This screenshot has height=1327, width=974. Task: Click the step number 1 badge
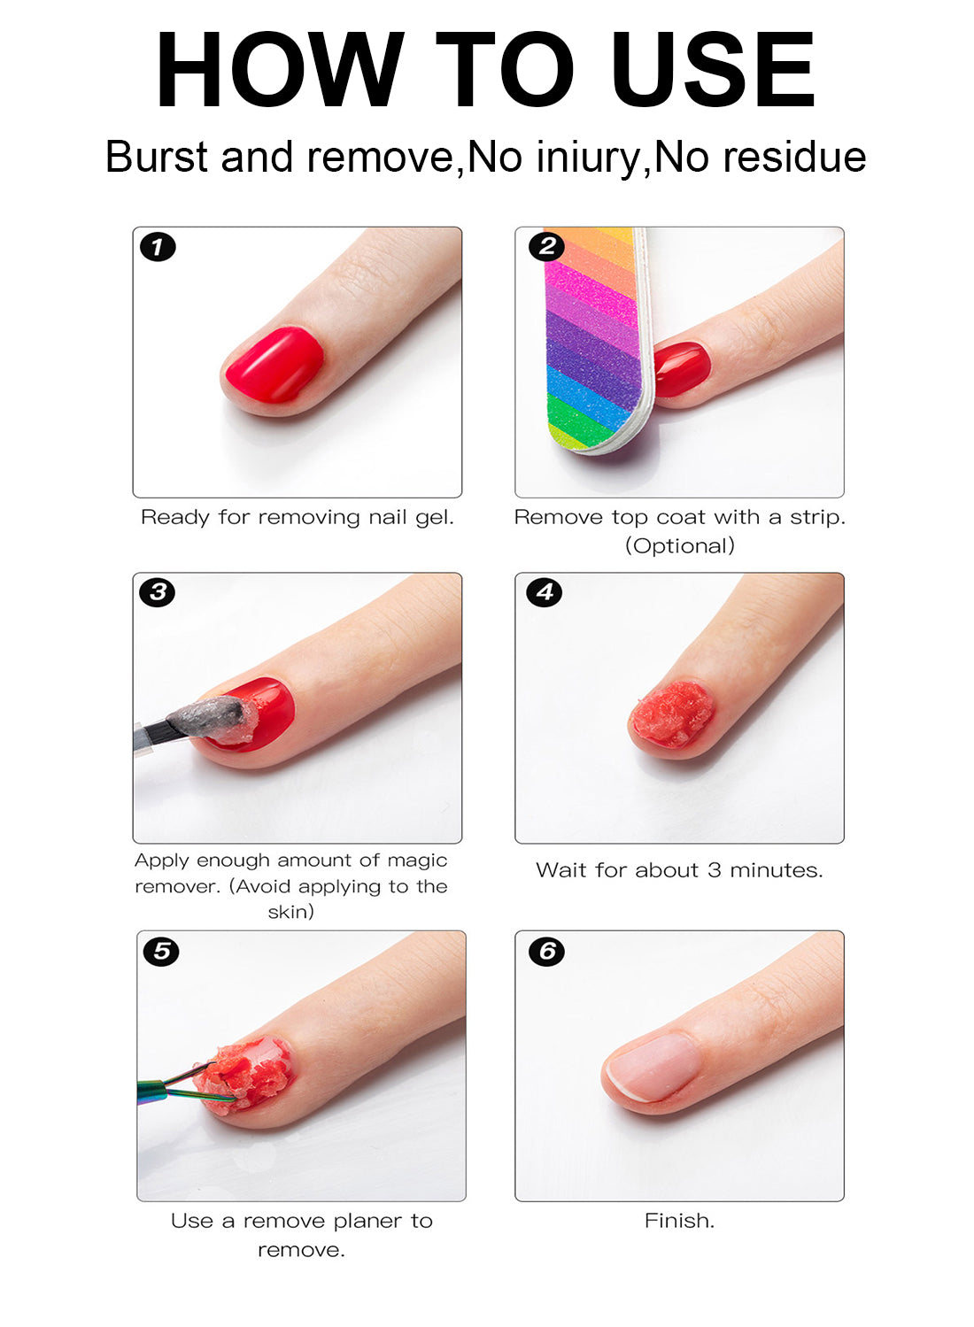(158, 247)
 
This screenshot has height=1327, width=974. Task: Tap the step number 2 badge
(546, 246)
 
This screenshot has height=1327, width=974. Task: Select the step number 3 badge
(158, 592)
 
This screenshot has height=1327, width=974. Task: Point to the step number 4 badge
(545, 592)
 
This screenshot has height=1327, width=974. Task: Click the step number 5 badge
(161, 952)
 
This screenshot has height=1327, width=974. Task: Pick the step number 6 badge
(546, 952)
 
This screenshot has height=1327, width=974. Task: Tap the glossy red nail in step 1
(274, 366)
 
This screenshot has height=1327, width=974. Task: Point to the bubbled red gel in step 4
(674, 714)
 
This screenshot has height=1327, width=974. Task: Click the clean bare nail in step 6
(653, 1067)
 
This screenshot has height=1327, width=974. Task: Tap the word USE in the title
(712, 71)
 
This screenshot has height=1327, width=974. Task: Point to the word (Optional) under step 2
(680, 546)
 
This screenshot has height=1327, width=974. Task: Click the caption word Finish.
(678, 1221)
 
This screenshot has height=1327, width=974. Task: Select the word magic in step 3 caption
(417, 860)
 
